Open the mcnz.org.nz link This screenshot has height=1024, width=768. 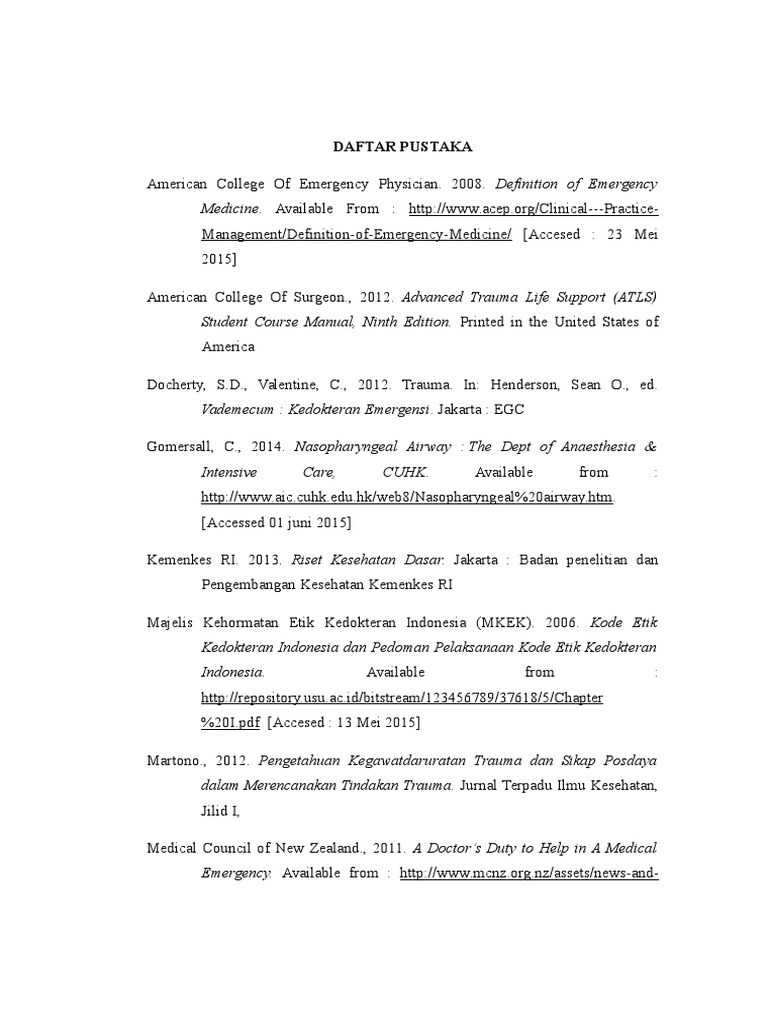(x=528, y=872)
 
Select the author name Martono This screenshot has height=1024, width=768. (x=173, y=759)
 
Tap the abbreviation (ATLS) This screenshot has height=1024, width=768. (x=631, y=297)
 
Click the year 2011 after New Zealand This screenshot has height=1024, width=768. (x=382, y=847)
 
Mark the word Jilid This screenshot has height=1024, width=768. (x=216, y=809)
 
